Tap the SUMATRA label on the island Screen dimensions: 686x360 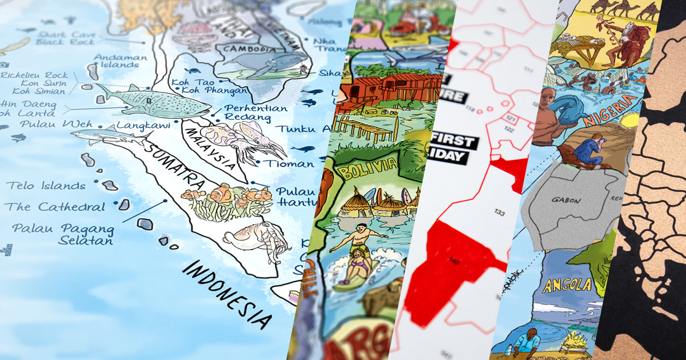[175, 166]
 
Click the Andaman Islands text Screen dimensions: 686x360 [117, 61]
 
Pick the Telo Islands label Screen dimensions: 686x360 [46, 186]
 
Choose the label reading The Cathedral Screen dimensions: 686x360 [56, 207]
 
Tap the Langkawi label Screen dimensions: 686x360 [136, 125]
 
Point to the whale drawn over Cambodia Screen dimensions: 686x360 [269, 64]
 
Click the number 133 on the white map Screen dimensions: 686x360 [500, 213]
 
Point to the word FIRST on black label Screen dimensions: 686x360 [454, 141]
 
